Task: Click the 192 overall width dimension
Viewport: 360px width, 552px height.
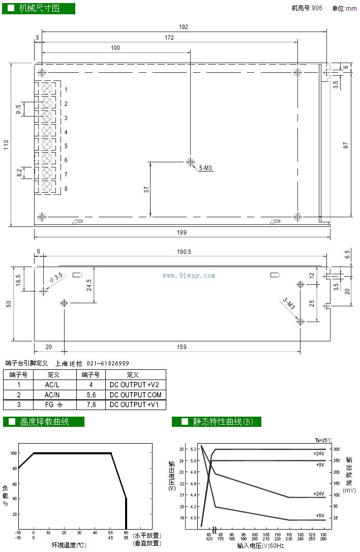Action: coord(183,27)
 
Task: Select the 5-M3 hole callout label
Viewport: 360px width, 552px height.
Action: coord(206,168)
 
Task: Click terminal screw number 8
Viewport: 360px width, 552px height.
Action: coord(47,187)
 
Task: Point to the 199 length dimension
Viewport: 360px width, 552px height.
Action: coord(182,233)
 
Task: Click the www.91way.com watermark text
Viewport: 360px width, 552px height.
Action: coord(189,276)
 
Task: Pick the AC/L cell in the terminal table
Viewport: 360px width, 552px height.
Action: coord(52,385)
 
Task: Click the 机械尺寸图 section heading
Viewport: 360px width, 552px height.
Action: coord(39,9)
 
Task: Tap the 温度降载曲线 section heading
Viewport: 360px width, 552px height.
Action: coord(44,422)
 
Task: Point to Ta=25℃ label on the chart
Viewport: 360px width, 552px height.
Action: coord(323,441)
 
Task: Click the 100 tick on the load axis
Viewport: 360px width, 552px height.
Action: coord(14,453)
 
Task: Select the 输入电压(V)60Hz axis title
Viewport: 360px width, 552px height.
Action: coord(260,546)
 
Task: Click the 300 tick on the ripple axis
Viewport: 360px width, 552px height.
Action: coord(337,449)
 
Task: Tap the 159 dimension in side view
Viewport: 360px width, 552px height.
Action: coord(182,347)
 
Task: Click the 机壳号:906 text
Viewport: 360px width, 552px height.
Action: coord(307,8)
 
